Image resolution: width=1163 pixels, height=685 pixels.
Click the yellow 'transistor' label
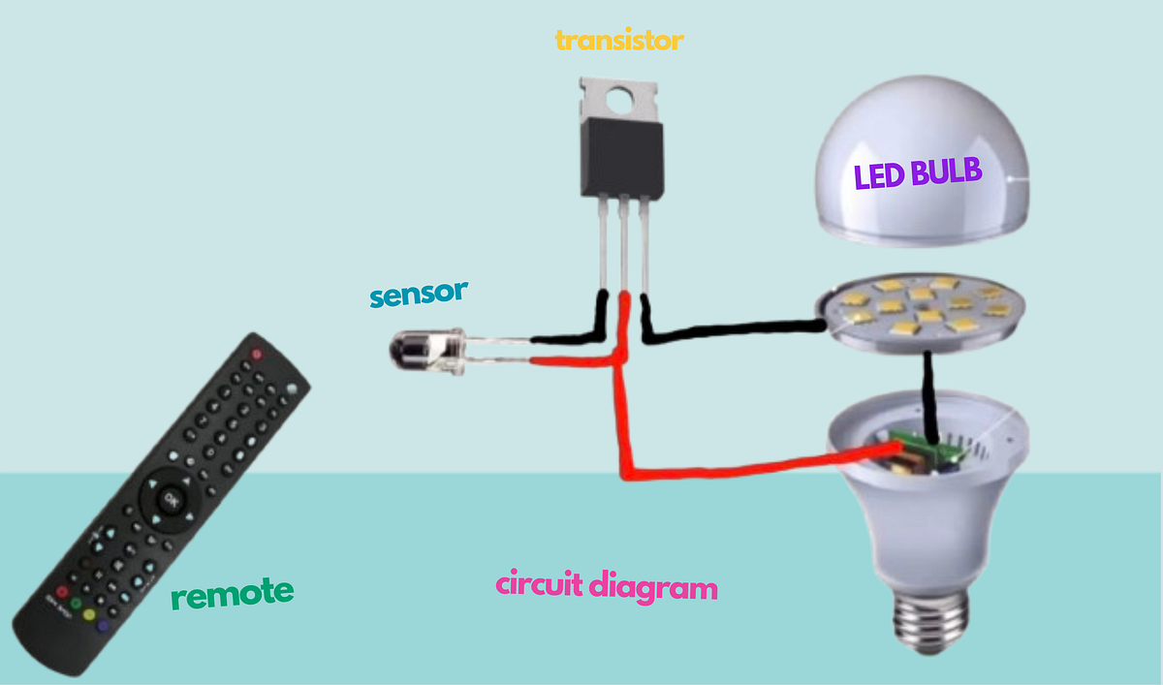[619, 41]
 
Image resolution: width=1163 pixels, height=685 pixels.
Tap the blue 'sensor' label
[419, 294]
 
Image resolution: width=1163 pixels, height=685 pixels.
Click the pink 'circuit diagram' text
[607, 586]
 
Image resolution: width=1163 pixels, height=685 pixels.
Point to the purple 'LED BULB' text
[917, 175]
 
